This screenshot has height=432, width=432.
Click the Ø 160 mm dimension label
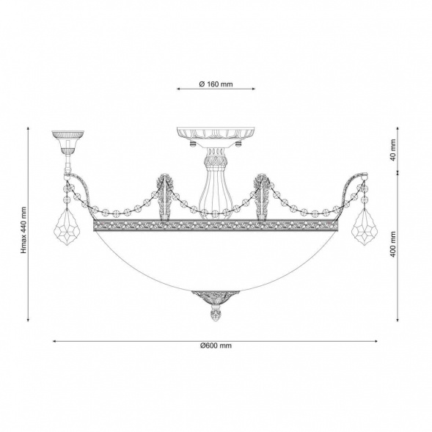pos(216,84)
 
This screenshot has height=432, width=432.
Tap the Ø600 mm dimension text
pos(216,345)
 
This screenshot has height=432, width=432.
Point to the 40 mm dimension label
pos(393,150)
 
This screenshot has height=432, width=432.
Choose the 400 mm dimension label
pos(393,244)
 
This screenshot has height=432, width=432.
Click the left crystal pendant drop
pos(67,226)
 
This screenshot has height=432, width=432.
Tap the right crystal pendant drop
pos(365,226)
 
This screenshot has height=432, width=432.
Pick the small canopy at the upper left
pos(67,142)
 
